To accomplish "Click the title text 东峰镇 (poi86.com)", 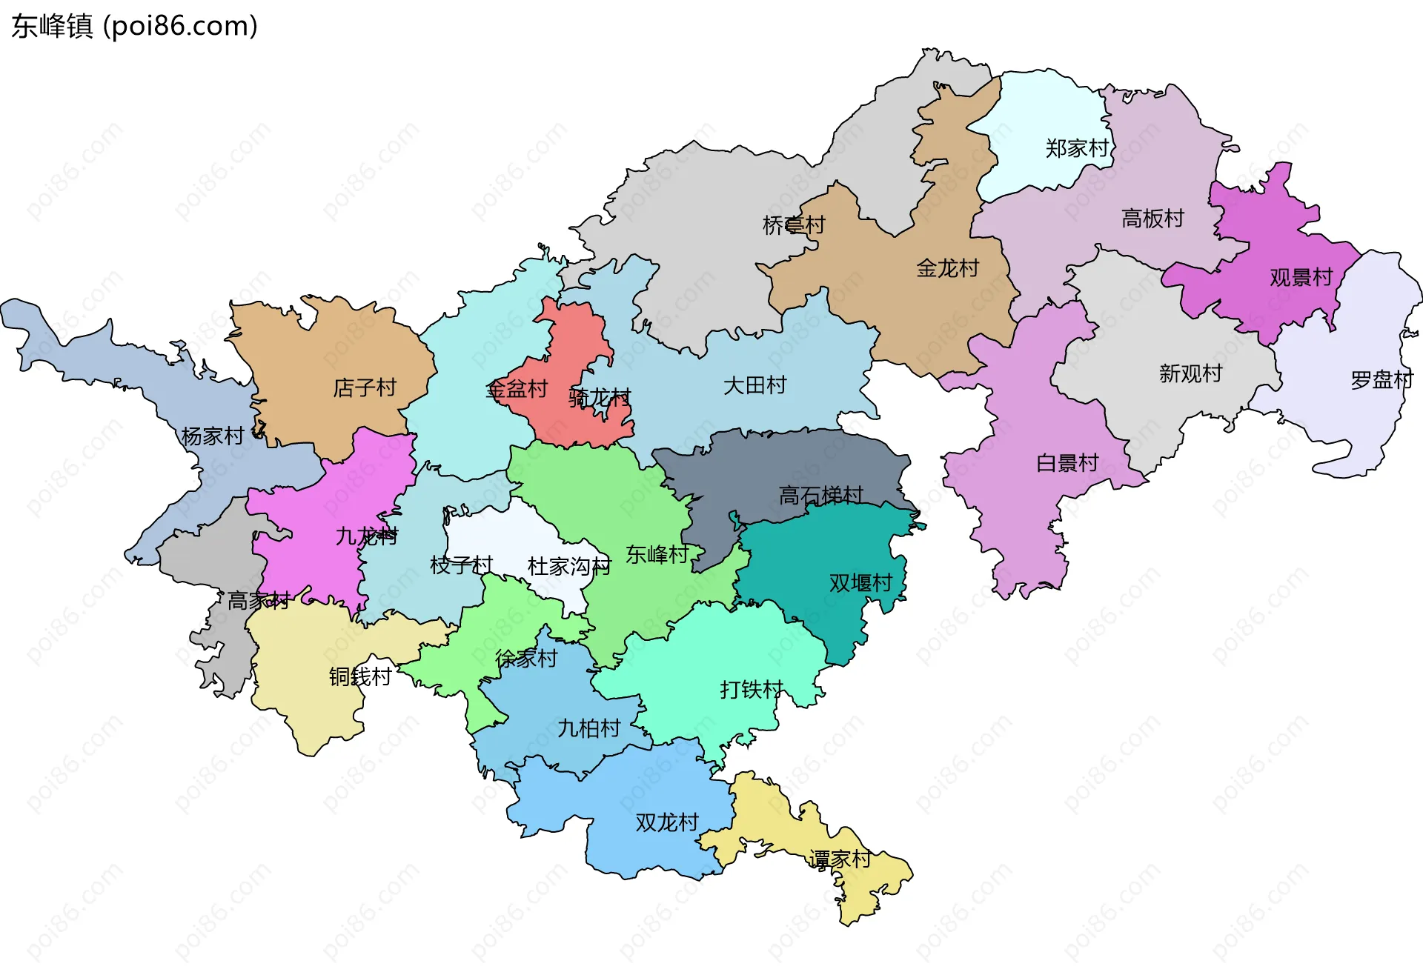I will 134,26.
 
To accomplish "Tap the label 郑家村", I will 1077,148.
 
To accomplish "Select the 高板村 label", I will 1152,219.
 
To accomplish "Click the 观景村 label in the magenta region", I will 1301,277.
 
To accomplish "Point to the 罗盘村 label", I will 1381,380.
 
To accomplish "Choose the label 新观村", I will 1190,373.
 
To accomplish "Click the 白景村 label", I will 1067,463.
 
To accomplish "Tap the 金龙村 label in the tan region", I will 947,268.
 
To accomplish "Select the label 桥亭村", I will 794,225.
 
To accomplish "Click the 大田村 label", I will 754,385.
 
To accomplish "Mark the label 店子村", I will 365,387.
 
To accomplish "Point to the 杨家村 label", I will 213,436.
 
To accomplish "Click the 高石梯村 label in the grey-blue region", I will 821,495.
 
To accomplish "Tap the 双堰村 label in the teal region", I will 860,583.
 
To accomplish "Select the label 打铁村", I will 752,690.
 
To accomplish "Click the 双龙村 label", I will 667,822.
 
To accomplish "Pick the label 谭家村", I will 840,859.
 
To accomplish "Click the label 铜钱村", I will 360,676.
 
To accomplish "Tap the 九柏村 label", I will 588,728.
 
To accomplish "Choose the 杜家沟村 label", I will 568,567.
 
